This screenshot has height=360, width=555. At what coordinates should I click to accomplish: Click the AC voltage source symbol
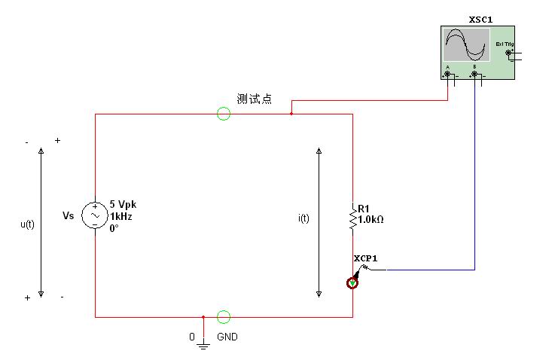click(x=96, y=215)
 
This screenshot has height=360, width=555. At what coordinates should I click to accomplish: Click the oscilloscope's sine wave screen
click(x=466, y=46)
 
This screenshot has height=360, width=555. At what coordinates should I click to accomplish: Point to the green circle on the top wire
click(x=224, y=114)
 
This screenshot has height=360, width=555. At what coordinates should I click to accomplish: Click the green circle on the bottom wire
click(x=224, y=317)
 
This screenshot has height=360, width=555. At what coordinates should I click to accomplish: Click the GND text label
click(x=227, y=337)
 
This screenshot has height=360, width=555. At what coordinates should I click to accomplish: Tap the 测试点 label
click(x=254, y=99)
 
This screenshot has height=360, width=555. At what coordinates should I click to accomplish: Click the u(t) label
click(x=27, y=224)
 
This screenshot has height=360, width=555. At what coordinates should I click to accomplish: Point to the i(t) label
click(x=303, y=218)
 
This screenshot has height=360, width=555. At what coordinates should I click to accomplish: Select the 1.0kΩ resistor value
click(x=371, y=220)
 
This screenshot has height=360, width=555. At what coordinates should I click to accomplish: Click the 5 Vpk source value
click(x=123, y=204)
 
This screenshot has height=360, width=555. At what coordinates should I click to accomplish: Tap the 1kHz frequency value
click(x=120, y=216)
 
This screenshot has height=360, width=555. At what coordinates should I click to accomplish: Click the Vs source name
click(x=68, y=216)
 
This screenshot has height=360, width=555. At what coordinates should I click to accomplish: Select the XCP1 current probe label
click(x=365, y=258)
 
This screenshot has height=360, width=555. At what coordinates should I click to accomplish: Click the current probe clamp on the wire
click(x=352, y=283)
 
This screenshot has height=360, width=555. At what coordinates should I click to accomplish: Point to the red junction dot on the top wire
click(x=291, y=114)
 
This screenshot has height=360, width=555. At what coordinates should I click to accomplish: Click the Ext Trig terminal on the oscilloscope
click(x=508, y=52)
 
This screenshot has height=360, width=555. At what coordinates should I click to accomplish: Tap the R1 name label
click(x=364, y=209)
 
